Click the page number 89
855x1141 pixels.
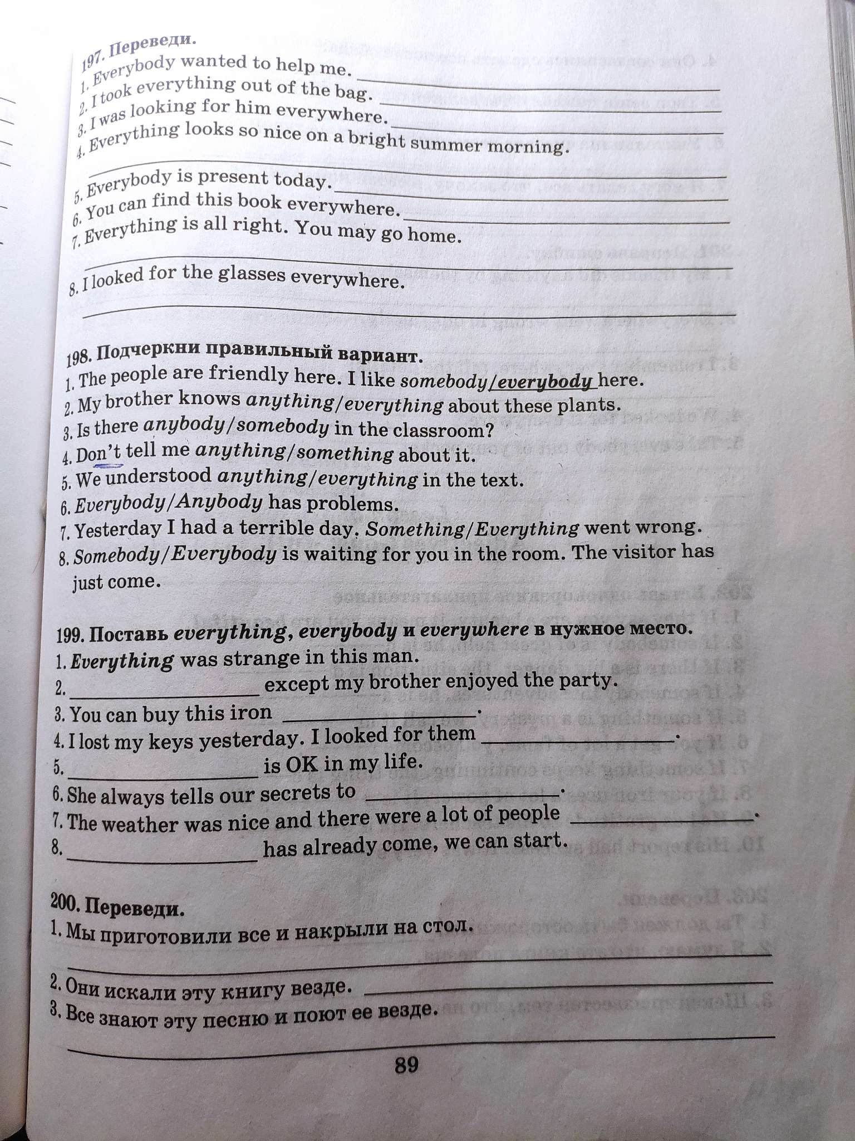point(406,1065)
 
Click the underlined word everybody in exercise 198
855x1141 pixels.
point(544,382)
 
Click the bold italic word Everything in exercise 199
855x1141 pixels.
point(122,661)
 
